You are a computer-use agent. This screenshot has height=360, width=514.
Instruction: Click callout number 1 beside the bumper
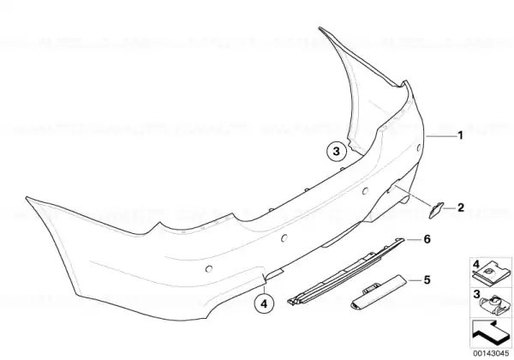click(460, 135)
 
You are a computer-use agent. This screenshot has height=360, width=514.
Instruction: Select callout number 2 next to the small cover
click(461, 207)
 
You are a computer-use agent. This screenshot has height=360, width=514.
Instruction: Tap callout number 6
click(427, 239)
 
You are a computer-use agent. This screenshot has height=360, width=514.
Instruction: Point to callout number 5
click(427, 280)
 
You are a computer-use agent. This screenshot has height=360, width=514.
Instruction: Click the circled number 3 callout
click(337, 152)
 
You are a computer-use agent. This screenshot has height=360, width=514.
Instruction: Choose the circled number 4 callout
click(264, 304)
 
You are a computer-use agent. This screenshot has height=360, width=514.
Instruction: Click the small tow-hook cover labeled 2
click(436, 210)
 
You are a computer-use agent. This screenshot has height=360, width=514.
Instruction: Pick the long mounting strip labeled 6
click(345, 272)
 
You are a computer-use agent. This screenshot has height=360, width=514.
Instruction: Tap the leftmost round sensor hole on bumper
click(208, 269)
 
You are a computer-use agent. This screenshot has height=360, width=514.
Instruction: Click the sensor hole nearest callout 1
click(418, 148)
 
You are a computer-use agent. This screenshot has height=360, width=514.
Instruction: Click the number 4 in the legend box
click(476, 264)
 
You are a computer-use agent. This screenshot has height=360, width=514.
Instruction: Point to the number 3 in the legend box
click(476, 294)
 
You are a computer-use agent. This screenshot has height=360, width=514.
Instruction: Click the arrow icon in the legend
click(490, 333)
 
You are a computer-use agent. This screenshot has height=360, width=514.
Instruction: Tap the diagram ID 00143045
click(491, 353)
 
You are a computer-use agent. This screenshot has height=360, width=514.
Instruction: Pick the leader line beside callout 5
click(414, 280)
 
